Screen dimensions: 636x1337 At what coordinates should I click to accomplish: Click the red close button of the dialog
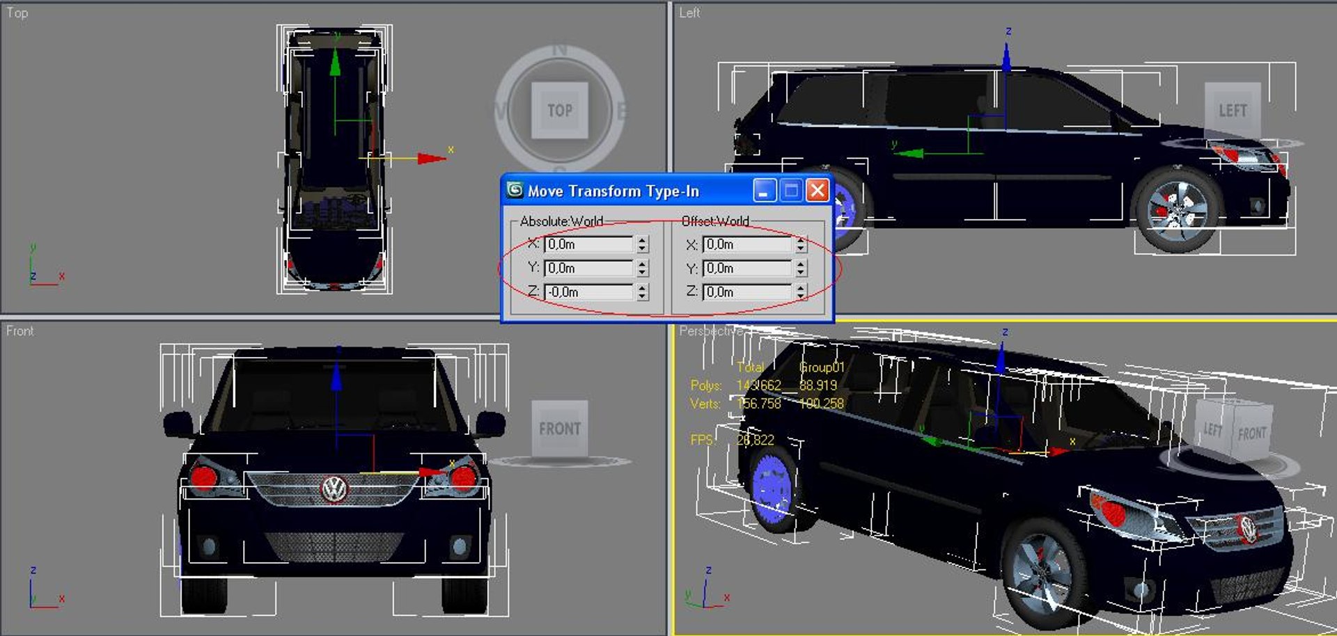(x=818, y=190)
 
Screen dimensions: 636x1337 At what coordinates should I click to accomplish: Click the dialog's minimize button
(x=764, y=190)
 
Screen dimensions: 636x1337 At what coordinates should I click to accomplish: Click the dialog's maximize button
(x=791, y=190)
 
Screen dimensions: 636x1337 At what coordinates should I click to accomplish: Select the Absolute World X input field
(x=588, y=244)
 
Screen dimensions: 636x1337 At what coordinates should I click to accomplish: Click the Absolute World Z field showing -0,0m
(x=588, y=292)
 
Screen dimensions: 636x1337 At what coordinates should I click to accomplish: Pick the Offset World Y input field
(x=746, y=269)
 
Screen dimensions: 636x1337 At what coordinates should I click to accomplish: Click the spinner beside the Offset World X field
(x=801, y=245)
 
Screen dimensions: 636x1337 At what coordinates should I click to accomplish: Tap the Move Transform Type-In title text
(x=613, y=191)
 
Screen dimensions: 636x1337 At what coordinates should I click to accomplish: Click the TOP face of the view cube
(x=560, y=111)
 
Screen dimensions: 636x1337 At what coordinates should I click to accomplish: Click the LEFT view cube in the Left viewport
(x=1233, y=111)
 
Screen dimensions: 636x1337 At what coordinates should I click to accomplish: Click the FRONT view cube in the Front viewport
(x=560, y=429)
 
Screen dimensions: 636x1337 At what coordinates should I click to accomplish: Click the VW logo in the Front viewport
(x=334, y=488)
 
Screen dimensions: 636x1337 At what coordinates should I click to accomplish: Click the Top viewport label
(x=17, y=13)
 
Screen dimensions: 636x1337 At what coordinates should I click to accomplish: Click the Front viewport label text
(x=19, y=331)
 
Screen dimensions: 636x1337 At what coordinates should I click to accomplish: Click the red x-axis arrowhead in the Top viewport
(x=432, y=159)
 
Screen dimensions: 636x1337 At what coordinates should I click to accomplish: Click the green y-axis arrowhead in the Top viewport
(x=335, y=63)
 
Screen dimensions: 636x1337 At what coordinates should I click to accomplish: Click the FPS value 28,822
(x=756, y=440)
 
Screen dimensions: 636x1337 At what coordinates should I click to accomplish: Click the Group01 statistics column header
(x=822, y=367)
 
